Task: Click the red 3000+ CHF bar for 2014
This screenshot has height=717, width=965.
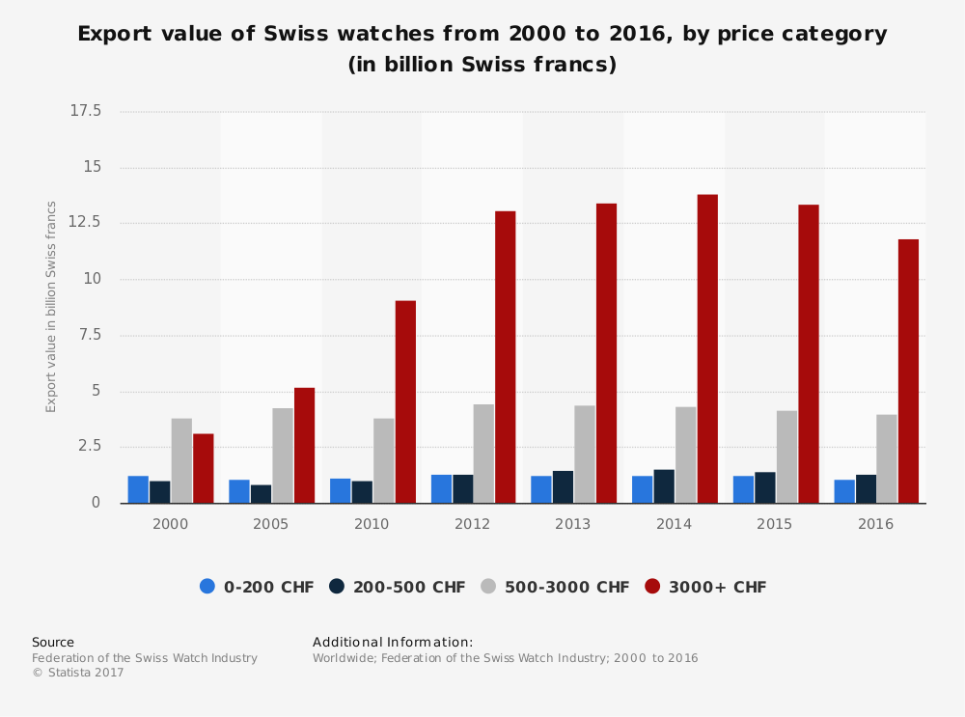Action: [707, 348]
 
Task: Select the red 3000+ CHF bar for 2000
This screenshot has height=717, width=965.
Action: [203, 468]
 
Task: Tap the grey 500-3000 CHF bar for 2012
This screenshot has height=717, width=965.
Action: [483, 454]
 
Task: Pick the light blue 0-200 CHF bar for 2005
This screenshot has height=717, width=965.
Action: [239, 491]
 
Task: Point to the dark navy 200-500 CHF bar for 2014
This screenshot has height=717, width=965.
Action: [664, 486]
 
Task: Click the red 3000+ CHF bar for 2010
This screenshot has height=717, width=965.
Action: [405, 401]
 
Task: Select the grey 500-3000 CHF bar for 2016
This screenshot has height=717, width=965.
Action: [887, 458]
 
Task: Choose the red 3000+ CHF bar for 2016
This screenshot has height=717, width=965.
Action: [908, 371]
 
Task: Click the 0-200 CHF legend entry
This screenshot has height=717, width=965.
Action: [257, 587]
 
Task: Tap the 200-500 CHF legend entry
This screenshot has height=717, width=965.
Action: [397, 587]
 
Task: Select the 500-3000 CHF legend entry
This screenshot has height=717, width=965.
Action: [554, 587]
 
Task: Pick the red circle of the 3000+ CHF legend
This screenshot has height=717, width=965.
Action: [653, 587]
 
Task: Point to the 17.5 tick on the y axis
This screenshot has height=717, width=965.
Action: [86, 112]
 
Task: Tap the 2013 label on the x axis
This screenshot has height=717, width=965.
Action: [573, 524]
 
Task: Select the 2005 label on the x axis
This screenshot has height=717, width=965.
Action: [270, 524]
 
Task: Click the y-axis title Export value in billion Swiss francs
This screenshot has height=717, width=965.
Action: [52, 307]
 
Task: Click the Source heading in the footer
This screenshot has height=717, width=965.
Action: [53, 642]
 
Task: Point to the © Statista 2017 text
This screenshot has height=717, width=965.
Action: [78, 673]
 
